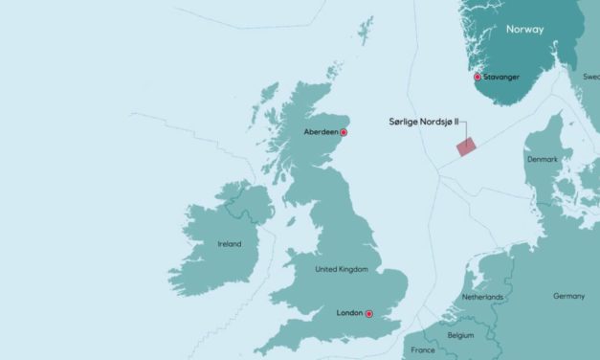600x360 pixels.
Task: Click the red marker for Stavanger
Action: coord(478,77)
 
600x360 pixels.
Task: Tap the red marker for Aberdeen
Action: coord(344,133)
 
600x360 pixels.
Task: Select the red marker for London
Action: coord(369,313)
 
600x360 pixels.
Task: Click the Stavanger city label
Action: coord(502,77)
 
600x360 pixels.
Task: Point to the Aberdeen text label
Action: coord(320,133)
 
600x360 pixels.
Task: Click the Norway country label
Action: coord(524,30)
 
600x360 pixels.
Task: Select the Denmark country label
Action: coord(544,158)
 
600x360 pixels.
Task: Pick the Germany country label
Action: coord(568,296)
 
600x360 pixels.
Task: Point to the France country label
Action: coord(421,351)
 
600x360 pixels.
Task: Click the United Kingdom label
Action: coord(342,270)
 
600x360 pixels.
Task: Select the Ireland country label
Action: coord(229,244)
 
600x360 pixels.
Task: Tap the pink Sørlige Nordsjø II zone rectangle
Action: coord(466,146)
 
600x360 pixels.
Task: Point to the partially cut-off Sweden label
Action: coord(590,76)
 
